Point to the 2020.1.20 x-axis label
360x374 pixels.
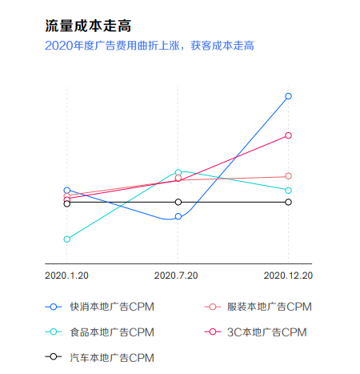[x=67, y=275]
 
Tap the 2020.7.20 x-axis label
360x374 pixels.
[x=176, y=275]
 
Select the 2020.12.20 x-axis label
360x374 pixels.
[x=288, y=275]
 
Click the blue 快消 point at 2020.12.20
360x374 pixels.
[x=288, y=96]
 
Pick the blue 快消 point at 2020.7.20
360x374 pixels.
[x=178, y=217]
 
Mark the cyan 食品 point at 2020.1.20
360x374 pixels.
[x=67, y=239]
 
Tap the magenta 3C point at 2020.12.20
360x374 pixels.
[x=288, y=135]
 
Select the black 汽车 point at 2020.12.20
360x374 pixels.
[x=288, y=202]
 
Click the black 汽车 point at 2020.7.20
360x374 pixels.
[x=178, y=202]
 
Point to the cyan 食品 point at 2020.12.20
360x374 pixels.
[x=288, y=190]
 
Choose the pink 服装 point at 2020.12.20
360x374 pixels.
[x=288, y=176]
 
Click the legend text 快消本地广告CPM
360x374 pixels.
[x=111, y=307]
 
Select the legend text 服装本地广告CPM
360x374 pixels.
[x=269, y=307]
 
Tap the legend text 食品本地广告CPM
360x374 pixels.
[x=111, y=332]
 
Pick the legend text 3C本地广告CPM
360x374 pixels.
[x=267, y=332]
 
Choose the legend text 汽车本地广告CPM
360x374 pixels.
[x=111, y=356]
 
